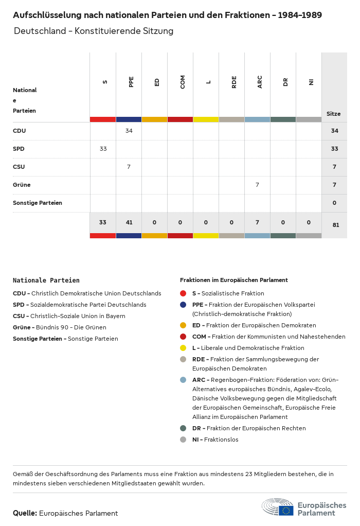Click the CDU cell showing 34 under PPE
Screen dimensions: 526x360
129,131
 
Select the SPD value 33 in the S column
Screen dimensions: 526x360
103,149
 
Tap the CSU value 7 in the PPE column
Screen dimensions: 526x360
129,167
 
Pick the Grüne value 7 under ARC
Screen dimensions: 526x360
257,185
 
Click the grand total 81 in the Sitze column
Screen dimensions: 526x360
335,225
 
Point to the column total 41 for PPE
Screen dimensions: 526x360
129,222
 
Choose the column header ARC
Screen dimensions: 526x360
260,82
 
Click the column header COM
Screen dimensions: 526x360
183,82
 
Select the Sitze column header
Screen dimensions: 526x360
333,114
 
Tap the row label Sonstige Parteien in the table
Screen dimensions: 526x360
38,203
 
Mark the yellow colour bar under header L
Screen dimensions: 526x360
206,119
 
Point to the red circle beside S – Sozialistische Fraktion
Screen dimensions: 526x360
183,293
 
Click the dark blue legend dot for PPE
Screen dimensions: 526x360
183,305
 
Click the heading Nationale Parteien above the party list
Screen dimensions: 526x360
46,280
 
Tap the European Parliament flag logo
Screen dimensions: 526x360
286,511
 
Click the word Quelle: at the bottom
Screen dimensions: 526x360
25,513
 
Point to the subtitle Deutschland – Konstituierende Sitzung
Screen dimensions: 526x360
94,31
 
